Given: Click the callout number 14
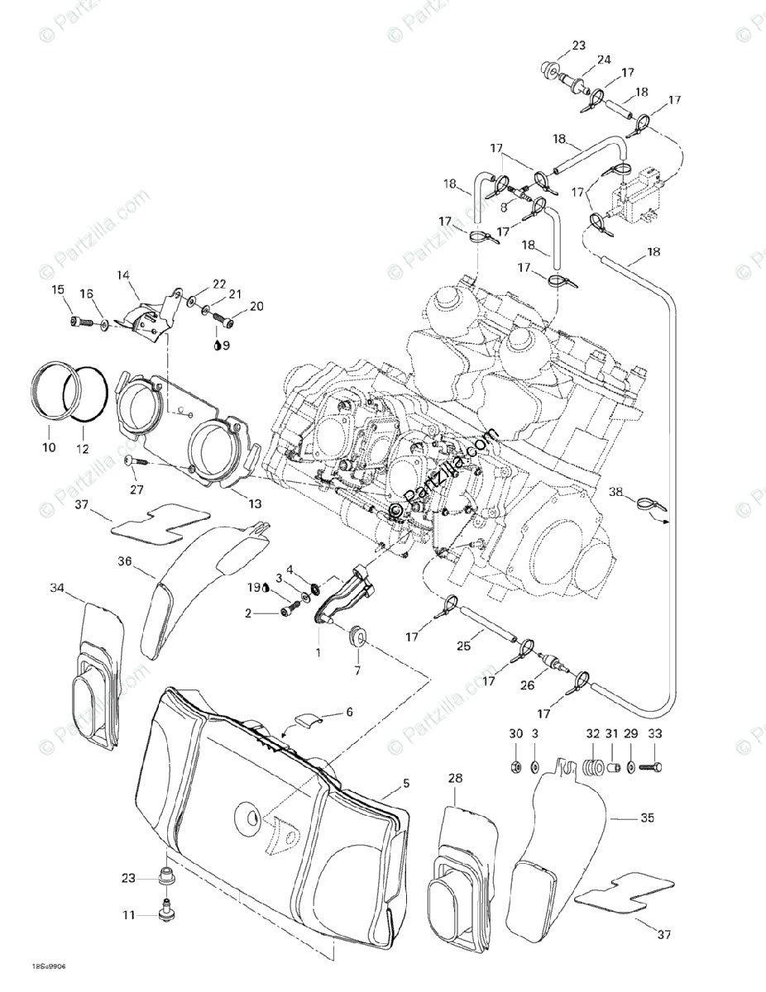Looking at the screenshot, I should (123, 275).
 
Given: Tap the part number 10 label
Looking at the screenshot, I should (49, 447).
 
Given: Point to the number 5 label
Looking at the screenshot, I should (405, 783).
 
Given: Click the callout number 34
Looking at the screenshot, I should (57, 588).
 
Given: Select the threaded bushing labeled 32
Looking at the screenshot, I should (592, 766).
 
